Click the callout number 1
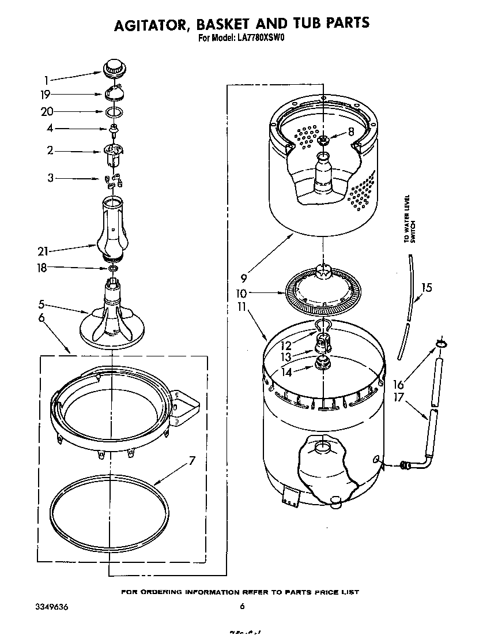[x=46, y=81]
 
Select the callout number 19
[x=46, y=95]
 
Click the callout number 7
[x=192, y=461]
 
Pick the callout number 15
[x=426, y=287]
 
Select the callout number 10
[x=257, y=293]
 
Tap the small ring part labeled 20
[x=114, y=111]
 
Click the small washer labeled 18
[x=113, y=268]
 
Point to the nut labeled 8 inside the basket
[x=323, y=139]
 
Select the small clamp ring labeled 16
[x=441, y=344]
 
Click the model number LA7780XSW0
[x=262, y=39]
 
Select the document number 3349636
[x=43, y=606]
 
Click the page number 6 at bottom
[x=243, y=606]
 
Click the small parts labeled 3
[x=114, y=180]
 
